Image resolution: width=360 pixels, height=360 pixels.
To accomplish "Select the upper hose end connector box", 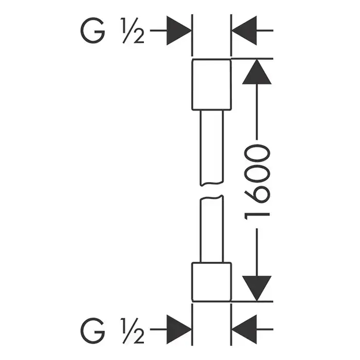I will click(x=212, y=85).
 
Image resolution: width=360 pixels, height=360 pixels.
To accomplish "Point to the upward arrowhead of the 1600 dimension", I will click(x=256, y=72).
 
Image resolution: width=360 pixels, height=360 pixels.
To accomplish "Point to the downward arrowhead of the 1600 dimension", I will click(x=256, y=288).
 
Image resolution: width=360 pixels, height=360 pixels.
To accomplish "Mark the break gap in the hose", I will click(x=212, y=190).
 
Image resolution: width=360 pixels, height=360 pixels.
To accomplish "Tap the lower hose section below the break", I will click(x=212, y=229).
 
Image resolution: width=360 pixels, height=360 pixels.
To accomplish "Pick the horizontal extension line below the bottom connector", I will click(x=252, y=301).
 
